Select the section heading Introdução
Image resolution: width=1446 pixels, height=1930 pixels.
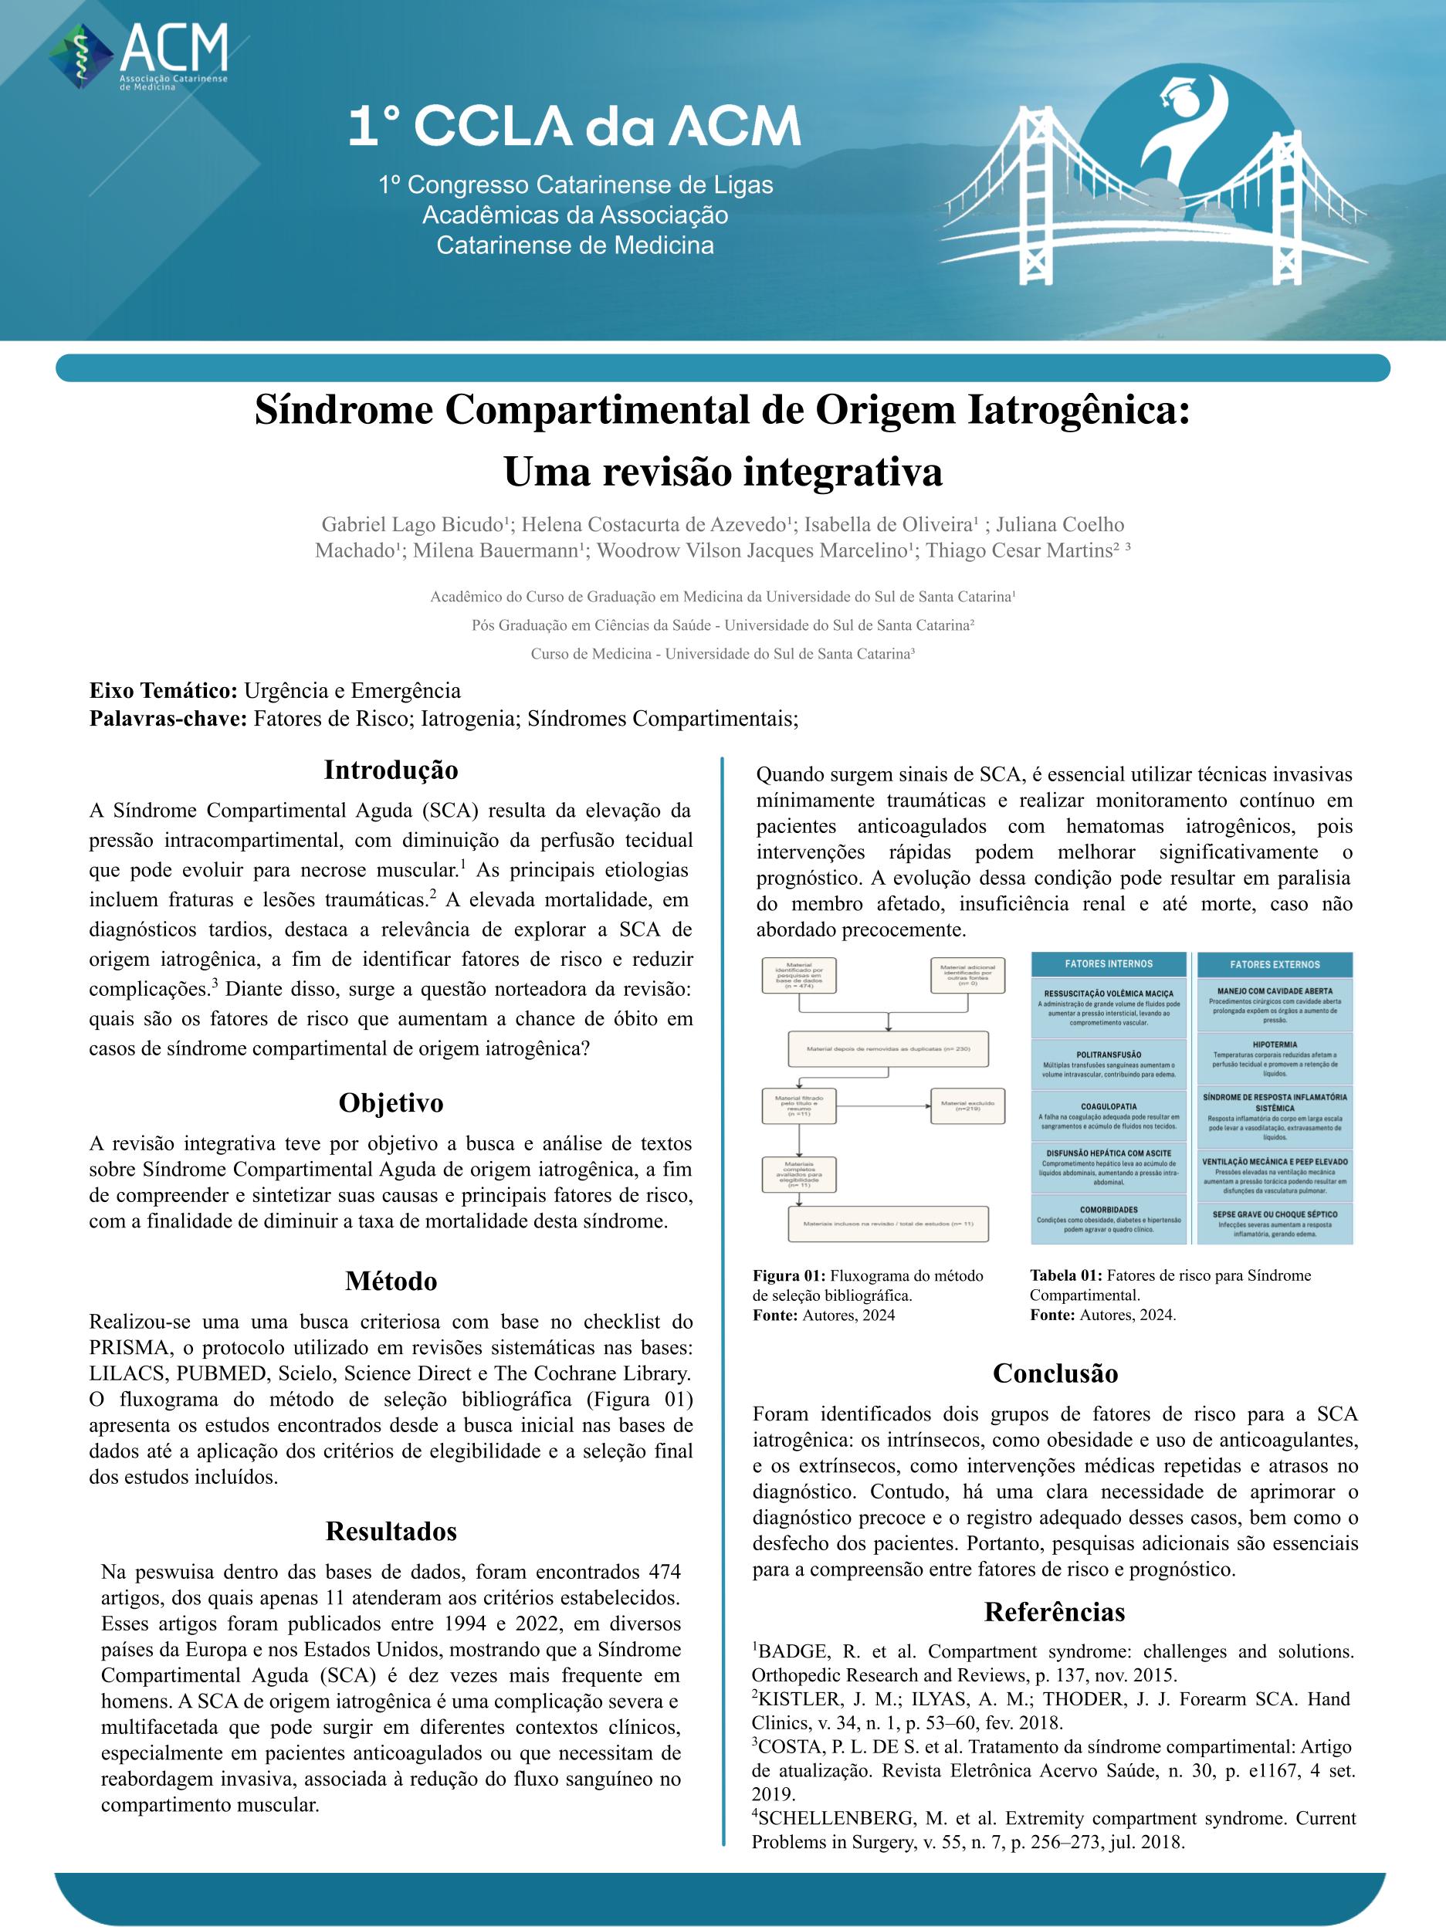point(391,770)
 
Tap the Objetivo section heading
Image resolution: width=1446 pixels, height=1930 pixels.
point(391,1103)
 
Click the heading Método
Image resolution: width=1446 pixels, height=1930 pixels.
point(391,1281)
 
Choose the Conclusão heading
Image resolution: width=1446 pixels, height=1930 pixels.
point(1054,1373)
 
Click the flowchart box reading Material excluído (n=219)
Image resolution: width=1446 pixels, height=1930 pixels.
point(968,1106)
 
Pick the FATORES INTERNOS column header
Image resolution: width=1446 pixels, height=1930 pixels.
point(1109,964)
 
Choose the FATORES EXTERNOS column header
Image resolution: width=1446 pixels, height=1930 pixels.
point(1274,965)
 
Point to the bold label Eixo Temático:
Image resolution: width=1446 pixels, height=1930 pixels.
point(163,691)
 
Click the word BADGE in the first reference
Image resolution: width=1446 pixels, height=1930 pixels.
point(792,1651)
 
